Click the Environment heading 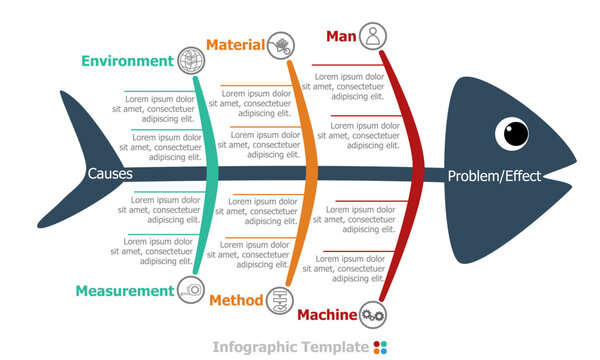pyautogui.click(x=127, y=61)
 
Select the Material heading pyautogui.click(x=235, y=45)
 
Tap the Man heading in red pyautogui.click(x=342, y=37)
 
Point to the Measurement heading pyautogui.click(x=125, y=291)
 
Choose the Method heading pyautogui.click(x=236, y=300)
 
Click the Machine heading pyautogui.click(x=327, y=316)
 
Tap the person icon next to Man pyautogui.click(x=373, y=36)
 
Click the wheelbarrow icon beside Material pyautogui.click(x=283, y=44)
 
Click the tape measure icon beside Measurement pyautogui.click(x=191, y=291)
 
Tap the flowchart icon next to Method pyautogui.click(x=281, y=300)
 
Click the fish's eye pyautogui.click(x=513, y=132)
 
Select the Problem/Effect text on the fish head pyautogui.click(x=494, y=176)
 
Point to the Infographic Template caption pyautogui.click(x=290, y=347)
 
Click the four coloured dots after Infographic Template pyautogui.click(x=379, y=347)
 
